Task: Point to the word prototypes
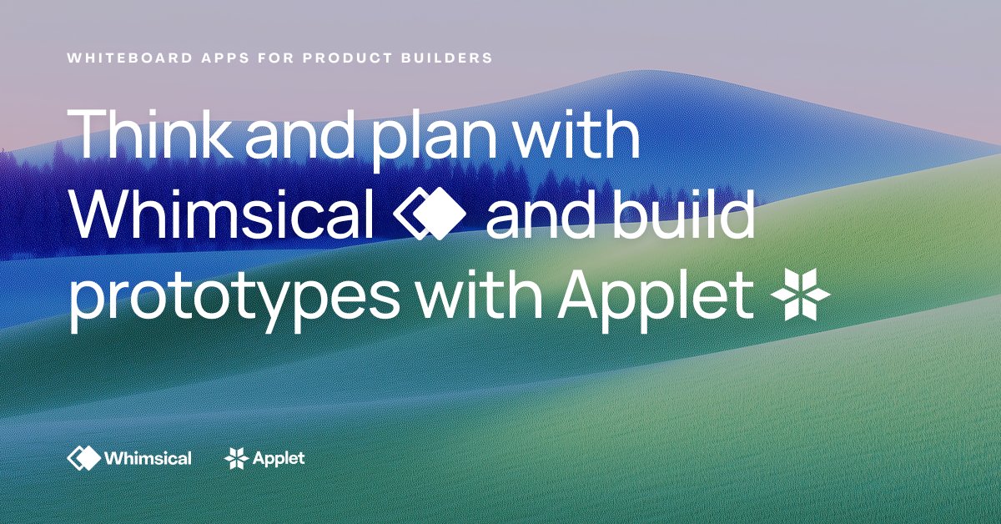(x=234, y=298)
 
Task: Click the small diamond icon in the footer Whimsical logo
(x=83, y=458)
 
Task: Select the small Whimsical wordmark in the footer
(x=148, y=458)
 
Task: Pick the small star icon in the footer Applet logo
(x=237, y=458)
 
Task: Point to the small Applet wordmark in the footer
(x=279, y=459)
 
